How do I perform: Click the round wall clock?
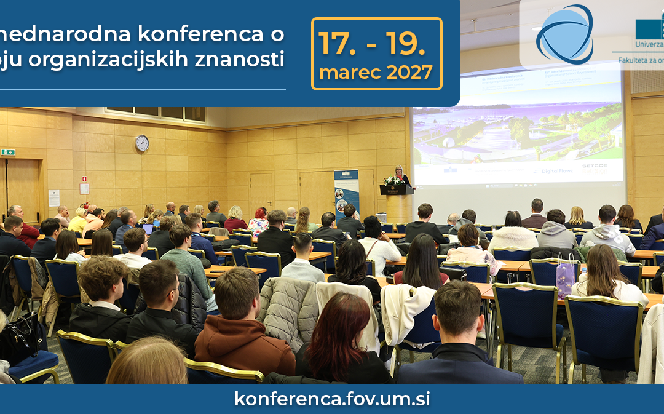142,143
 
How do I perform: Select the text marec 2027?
376,73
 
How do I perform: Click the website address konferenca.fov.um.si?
332,399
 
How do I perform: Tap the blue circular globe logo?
564,34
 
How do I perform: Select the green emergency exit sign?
8,152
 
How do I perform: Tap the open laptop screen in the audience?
148,229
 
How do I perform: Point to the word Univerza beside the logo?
649,44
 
